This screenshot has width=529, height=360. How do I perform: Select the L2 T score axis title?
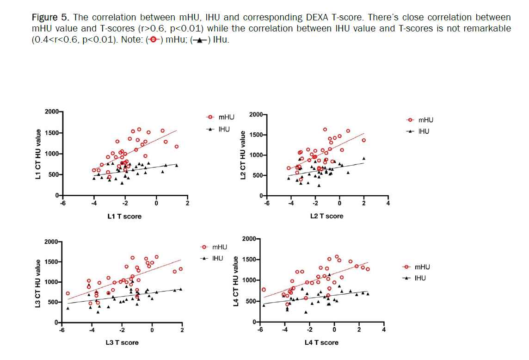click(x=326, y=216)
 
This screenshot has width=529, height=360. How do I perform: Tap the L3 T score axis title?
click(x=122, y=342)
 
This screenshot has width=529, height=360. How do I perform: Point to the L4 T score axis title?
click(x=321, y=342)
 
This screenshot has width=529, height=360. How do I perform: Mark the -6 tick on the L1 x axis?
click(x=62, y=203)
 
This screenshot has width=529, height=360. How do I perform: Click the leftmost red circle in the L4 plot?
click(x=264, y=290)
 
